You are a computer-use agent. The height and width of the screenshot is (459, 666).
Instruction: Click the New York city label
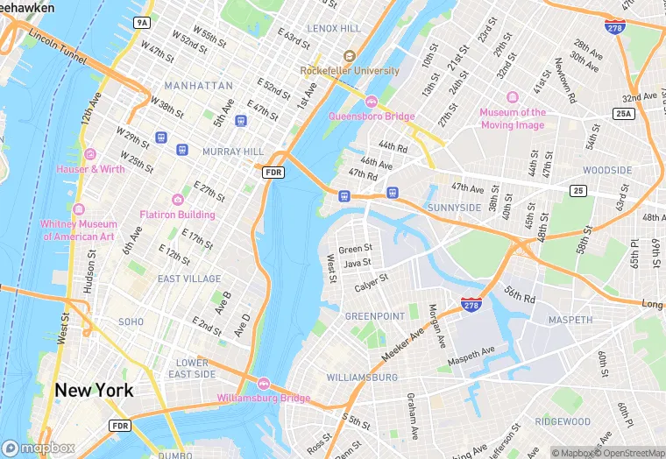(95, 390)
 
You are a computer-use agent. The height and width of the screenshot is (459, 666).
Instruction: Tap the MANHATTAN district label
(198, 86)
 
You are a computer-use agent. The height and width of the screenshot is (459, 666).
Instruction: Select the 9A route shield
(141, 21)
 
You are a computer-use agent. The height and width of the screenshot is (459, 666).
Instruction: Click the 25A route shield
(623, 114)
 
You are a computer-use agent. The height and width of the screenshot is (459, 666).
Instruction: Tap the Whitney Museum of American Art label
(78, 230)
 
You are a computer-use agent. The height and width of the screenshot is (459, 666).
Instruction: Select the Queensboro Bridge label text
(372, 116)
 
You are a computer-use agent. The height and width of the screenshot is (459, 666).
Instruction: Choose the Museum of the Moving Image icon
(513, 97)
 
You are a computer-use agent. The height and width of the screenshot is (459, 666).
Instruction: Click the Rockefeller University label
(350, 70)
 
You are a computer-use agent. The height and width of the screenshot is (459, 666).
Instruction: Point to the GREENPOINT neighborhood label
(374, 316)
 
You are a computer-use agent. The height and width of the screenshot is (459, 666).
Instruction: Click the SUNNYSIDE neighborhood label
(455, 208)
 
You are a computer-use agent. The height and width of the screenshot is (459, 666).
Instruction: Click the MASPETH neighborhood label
(570, 321)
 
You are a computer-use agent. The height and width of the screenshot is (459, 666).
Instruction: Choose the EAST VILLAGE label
(189, 279)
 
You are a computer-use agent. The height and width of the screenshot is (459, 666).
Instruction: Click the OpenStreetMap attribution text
(629, 453)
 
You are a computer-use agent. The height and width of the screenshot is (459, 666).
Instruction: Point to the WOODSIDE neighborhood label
(607, 170)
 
